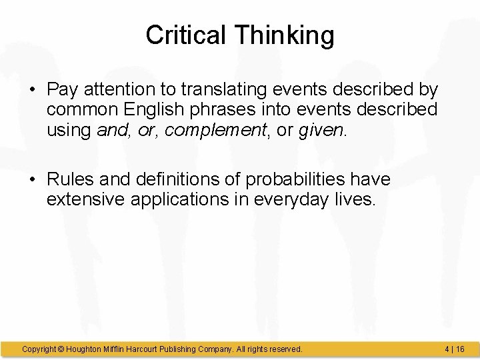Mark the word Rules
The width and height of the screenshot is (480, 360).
[67, 179]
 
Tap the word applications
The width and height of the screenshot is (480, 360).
[171, 199]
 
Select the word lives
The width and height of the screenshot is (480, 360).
[355, 199]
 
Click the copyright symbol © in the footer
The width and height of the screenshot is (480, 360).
[61, 349]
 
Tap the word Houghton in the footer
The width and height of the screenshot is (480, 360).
[87, 349]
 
